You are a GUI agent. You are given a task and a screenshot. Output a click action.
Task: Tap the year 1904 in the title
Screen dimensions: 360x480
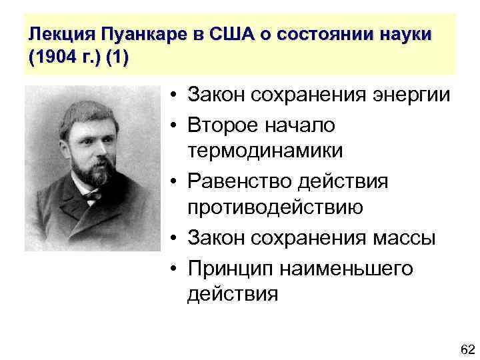click(52, 57)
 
